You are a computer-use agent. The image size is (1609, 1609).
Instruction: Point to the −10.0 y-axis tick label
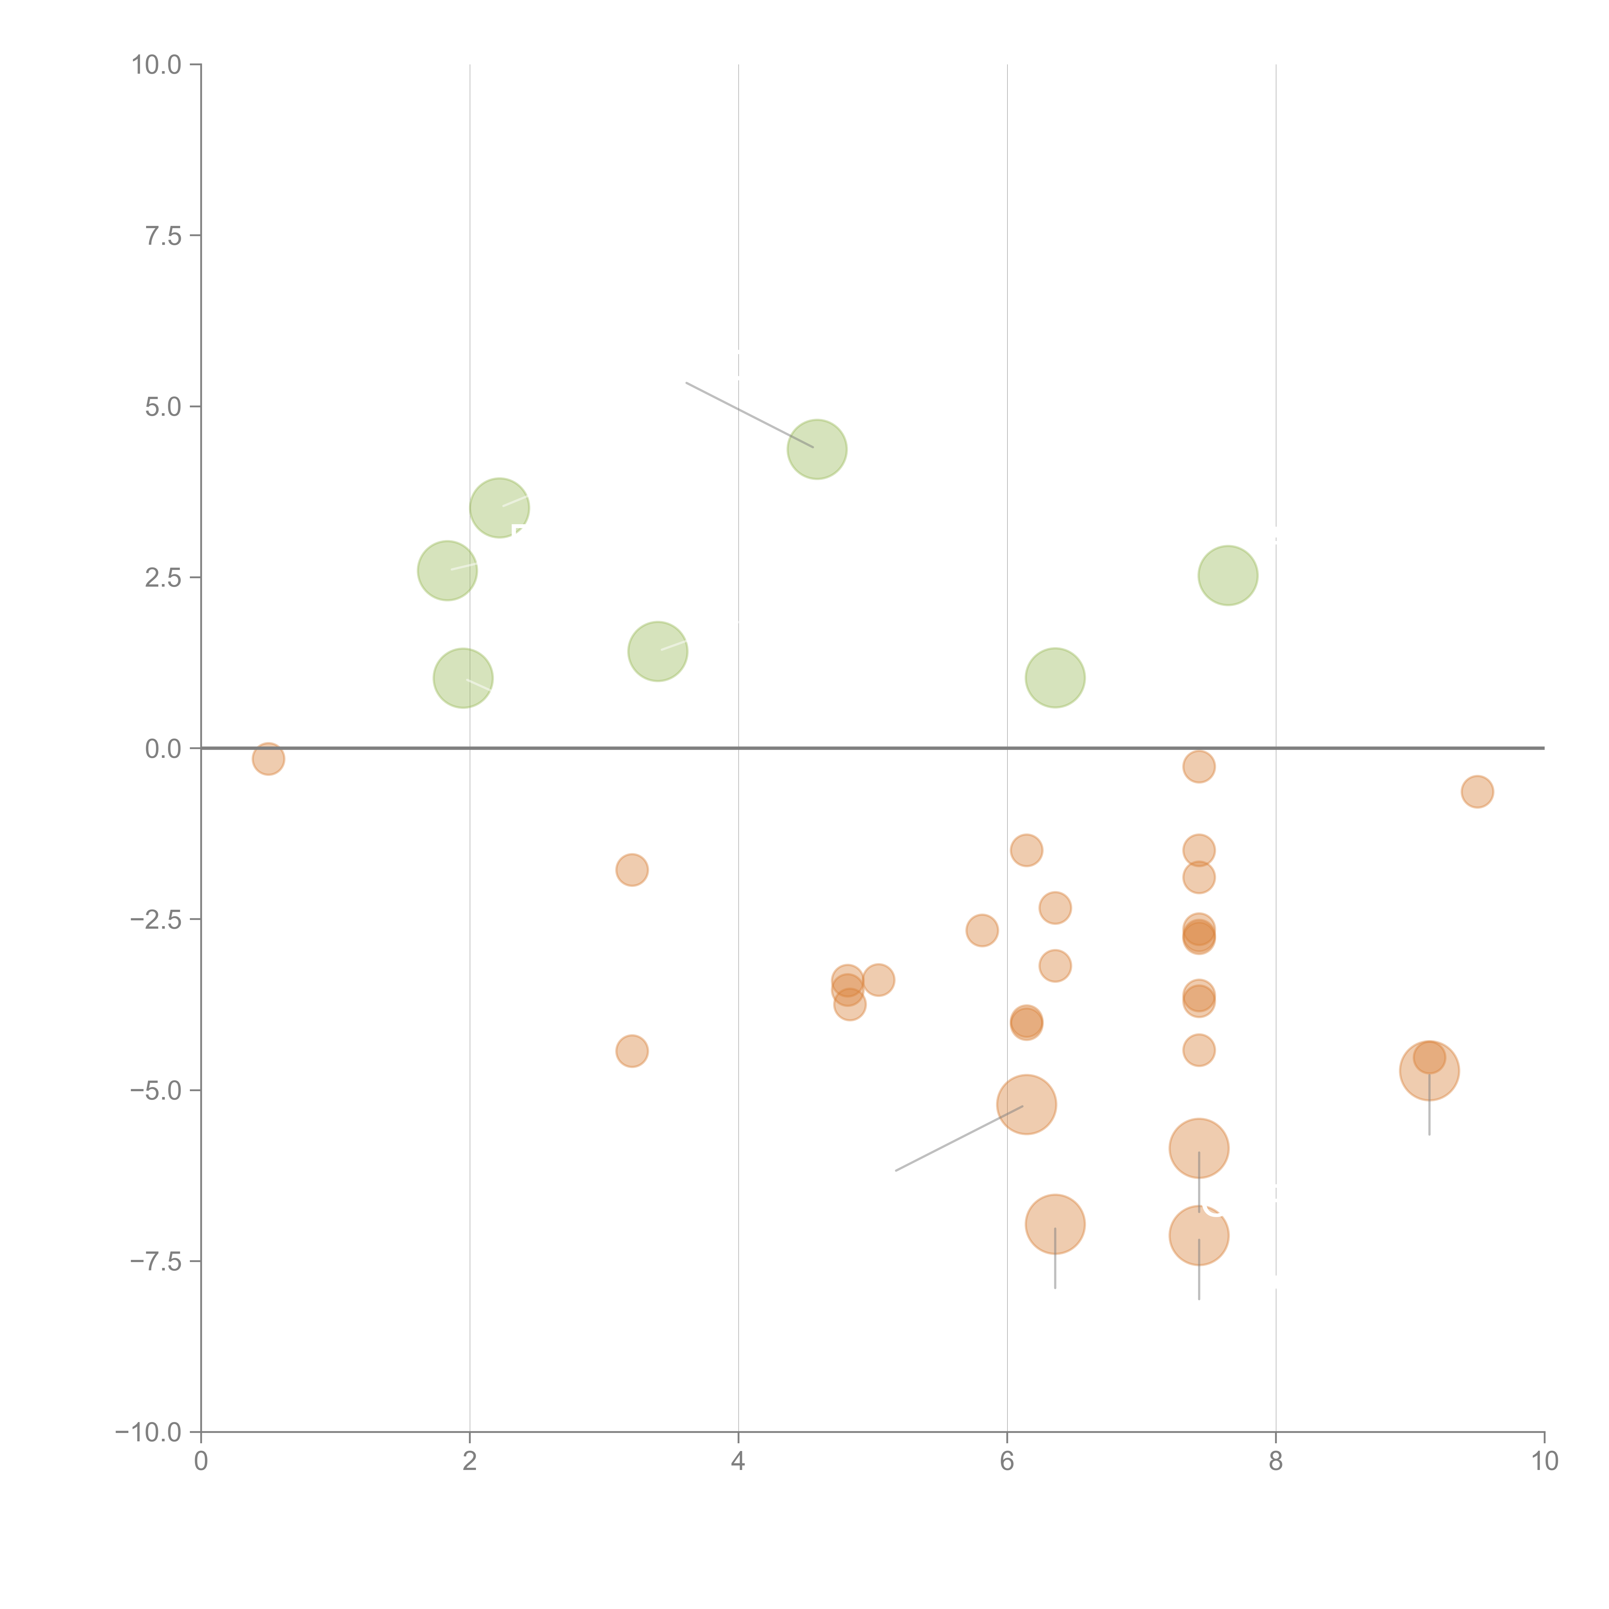148,1432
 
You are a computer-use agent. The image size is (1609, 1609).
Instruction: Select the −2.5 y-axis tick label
155,919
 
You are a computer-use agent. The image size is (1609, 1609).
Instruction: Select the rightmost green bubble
1228,575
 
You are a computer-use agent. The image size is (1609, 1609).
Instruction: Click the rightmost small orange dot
1477,791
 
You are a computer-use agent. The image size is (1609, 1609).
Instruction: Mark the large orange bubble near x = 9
1429,1070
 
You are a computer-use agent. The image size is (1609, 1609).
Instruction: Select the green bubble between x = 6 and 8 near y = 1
1055,677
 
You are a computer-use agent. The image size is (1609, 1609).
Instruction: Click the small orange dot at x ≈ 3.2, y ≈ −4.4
632,1051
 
